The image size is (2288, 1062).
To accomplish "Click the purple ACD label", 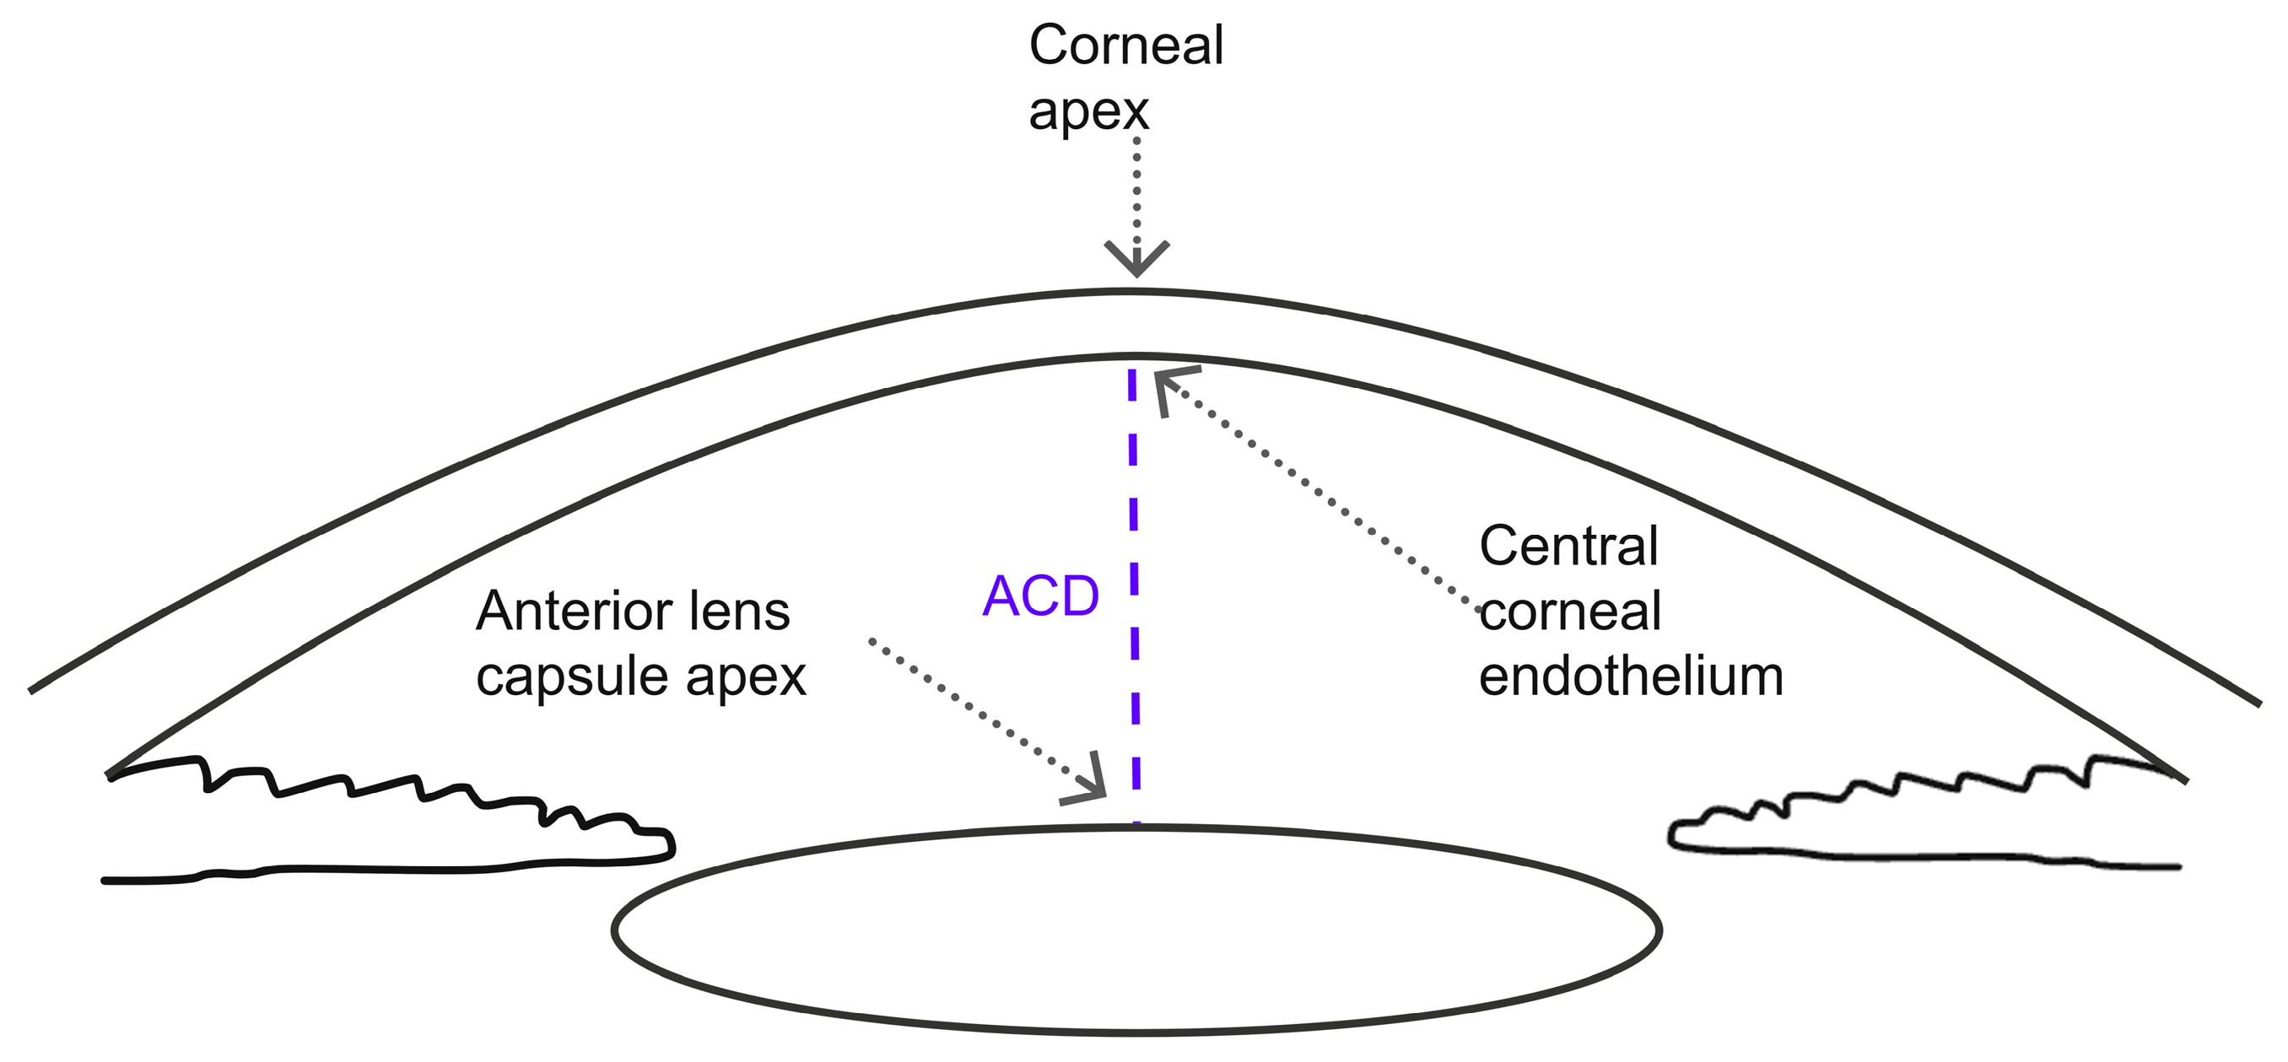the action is coord(1041,596).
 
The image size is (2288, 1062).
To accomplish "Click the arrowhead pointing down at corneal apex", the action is coord(1136,259).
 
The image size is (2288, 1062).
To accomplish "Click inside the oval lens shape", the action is coord(1136,930).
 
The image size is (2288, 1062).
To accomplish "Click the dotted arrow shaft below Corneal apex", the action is coord(1136,200).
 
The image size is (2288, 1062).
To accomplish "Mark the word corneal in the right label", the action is coord(1570,611).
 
